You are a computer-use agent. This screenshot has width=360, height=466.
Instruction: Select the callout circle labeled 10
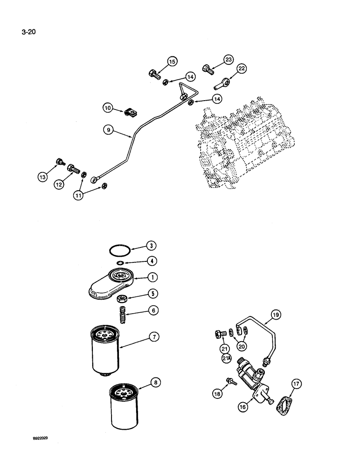click(109, 108)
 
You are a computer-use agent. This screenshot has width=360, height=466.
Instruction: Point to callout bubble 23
click(228, 60)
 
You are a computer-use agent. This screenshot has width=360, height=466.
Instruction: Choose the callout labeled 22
click(241, 69)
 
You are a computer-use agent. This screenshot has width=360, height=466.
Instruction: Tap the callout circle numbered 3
click(151, 245)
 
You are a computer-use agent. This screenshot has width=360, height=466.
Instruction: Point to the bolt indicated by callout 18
click(231, 382)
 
